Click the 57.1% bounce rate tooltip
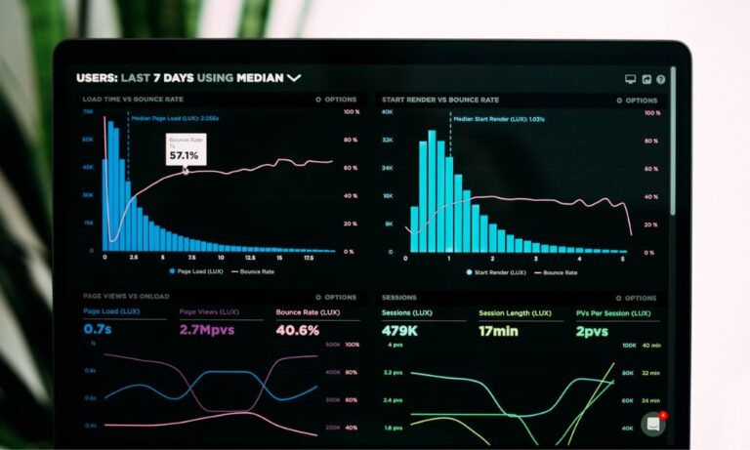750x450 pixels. [x=184, y=149]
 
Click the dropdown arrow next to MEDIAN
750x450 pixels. [x=294, y=77]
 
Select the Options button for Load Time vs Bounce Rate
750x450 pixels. [x=336, y=100]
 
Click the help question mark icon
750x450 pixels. [x=661, y=79]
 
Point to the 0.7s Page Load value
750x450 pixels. [x=98, y=330]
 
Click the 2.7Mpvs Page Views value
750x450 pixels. [x=207, y=330]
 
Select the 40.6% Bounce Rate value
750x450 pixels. [x=297, y=330]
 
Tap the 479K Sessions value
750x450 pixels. [x=400, y=331]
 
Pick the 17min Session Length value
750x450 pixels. [x=499, y=331]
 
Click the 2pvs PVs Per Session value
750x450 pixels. [x=592, y=331]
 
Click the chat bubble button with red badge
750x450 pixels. [x=653, y=424]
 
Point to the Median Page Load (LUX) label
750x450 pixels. [x=175, y=118]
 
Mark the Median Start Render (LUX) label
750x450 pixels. [x=498, y=118]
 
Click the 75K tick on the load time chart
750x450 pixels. [x=88, y=112]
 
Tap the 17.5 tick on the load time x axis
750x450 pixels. [x=308, y=258]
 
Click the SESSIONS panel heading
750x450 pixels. [x=398, y=297]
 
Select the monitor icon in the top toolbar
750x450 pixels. [x=630, y=79]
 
